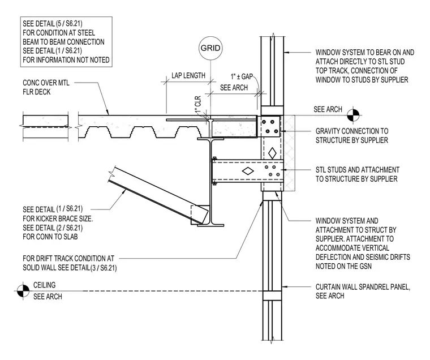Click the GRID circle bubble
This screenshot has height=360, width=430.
click(210, 48)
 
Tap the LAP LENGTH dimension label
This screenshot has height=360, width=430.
click(188, 75)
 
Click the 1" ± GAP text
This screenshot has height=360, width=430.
click(242, 76)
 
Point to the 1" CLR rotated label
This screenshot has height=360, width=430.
click(198, 105)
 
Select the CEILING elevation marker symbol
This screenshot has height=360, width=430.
click(23, 291)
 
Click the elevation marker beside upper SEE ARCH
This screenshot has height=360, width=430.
click(353, 115)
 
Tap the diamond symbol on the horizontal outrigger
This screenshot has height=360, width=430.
click(248, 171)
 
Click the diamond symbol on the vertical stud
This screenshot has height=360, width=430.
click(272, 153)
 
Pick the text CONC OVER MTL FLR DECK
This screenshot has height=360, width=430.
click(46, 87)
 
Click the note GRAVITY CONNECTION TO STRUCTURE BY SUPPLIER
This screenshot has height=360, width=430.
click(352, 135)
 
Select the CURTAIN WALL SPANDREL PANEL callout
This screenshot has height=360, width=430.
click(363, 291)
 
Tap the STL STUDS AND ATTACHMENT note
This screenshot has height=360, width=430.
click(358, 174)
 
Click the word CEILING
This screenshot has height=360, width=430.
click(45, 285)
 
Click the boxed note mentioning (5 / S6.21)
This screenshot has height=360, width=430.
click(66, 42)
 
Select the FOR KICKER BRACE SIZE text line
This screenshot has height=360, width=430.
click(58, 218)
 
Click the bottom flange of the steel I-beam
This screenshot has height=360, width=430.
click(210, 225)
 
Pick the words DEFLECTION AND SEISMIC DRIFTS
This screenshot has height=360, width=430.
click(363, 257)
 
